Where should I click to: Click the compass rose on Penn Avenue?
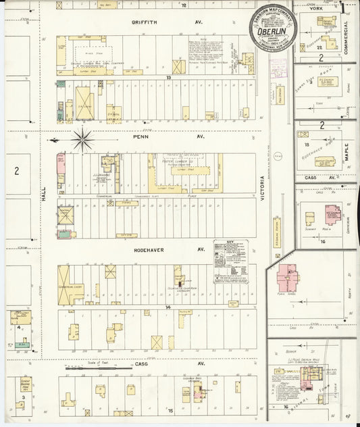pos(82,140)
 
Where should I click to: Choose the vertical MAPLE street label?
pos(346,150)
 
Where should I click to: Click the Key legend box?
pos(230,260)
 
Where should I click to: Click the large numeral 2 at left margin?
pos(16,171)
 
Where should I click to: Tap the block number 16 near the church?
pos(324,241)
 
